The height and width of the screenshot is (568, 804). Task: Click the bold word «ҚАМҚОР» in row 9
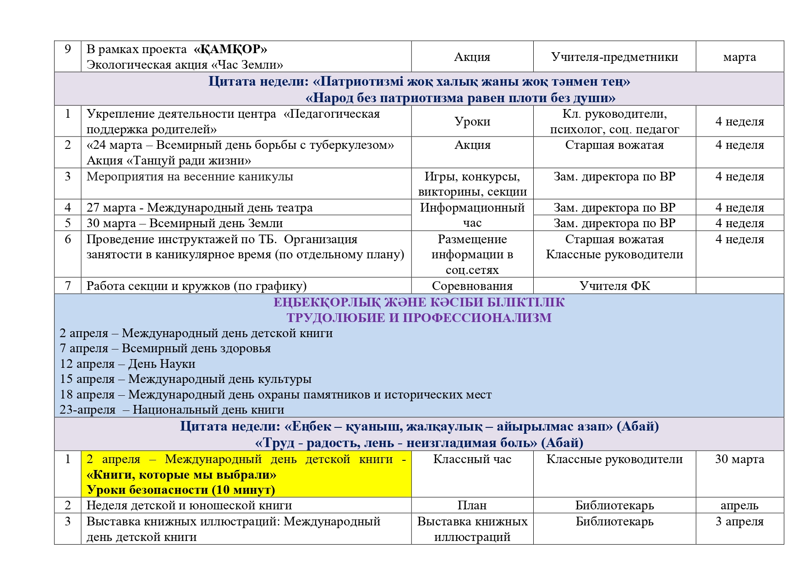coord(230,49)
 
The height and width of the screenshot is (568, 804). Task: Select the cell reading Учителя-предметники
coord(614,57)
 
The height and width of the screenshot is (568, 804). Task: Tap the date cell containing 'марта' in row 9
coord(739,57)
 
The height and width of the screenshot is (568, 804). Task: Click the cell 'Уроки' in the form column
coord(472,121)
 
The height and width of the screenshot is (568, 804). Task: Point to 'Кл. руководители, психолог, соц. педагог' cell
coord(614,121)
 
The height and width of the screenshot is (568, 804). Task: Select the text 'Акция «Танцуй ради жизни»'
coord(169,160)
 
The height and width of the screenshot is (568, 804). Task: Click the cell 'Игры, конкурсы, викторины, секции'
coord(472,184)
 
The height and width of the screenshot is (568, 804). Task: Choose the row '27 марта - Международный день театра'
coord(199,208)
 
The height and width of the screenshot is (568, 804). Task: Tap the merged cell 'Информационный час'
coord(472,215)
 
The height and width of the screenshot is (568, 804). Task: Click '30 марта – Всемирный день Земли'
coord(185,223)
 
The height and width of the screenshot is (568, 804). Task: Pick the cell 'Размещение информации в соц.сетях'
coord(472,254)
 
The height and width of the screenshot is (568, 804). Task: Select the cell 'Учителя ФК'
coord(614,286)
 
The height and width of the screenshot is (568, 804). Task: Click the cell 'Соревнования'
coord(472,286)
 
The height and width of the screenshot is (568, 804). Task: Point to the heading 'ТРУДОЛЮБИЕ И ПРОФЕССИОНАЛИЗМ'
coord(419,317)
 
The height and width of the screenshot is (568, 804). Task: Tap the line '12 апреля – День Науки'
coord(127,364)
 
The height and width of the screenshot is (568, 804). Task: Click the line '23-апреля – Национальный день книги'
coord(172,410)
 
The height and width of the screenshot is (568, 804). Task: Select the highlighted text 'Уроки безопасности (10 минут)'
coord(181,490)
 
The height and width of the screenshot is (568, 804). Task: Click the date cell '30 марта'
coord(739,459)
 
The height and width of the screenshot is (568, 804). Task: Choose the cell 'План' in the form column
coord(472,505)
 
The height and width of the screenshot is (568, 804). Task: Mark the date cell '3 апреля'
coord(739,521)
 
